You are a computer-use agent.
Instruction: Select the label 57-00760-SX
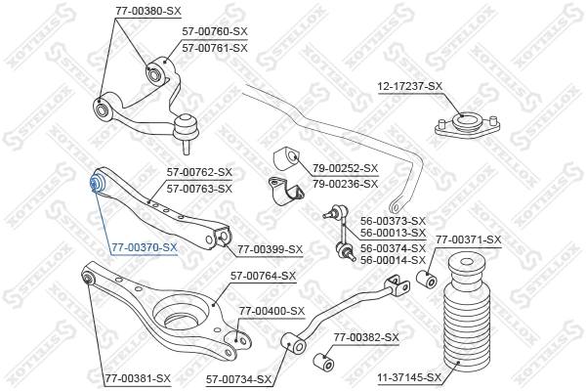click(x=215, y=32)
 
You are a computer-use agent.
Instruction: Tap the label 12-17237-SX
click(x=410, y=86)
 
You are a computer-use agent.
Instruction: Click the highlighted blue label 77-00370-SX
click(x=145, y=247)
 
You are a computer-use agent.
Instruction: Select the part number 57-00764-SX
click(x=263, y=276)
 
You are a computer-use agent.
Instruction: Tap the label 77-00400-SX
click(x=272, y=311)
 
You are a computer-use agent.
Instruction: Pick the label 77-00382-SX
click(x=366, y=337)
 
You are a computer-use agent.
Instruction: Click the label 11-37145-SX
click(x=409, y=376)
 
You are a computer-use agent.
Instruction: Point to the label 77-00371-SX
click(x=468, y=239)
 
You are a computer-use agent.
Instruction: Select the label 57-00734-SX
click(x=238, y=376)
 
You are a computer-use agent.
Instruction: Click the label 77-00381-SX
click(x=138, y=376)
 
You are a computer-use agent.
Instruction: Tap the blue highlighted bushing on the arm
click(x=98, y=184)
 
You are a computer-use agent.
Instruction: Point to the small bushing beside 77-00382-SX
click(x=321, y=364)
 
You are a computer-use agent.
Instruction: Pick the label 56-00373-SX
click(x=393, y=221)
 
